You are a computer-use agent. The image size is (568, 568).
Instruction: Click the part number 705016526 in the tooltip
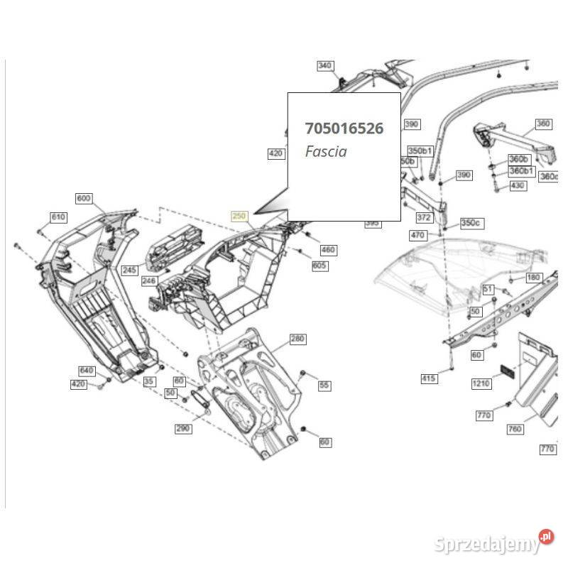(x=344, y=129)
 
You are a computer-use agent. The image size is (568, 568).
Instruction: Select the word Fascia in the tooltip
(x=326, y=151)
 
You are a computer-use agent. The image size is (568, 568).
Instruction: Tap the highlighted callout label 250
(x=239, y=216)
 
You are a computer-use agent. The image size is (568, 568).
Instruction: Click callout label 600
(x=84, y=198)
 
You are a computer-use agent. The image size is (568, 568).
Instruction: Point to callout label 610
(x=58, y=217)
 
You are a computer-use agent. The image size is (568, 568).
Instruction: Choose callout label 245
(x=129, y=270)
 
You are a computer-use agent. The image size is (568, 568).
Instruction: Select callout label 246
(x=148, y=281)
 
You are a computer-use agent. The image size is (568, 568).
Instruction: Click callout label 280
(x=297, y=339)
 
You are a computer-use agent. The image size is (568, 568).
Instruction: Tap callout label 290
(x=183, y=429)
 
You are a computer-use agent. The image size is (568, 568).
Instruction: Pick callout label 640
(x=86, y=371)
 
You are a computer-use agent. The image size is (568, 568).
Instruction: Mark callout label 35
(x=148, y=381)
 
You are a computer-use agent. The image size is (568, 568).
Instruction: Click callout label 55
(x=324, y=385)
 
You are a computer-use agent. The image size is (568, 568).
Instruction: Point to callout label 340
(x=324, y=66)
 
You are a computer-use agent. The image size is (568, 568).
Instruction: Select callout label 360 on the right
(x=542, y=124)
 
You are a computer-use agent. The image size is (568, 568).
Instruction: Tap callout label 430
(x=518, y=185)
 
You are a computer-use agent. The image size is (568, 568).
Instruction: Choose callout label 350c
(x=470, y=223)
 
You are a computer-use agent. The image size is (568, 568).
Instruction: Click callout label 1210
(x=481, y=384)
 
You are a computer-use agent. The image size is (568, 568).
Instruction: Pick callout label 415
(x=429, y=378)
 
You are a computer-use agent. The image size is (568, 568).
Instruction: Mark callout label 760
(x=515, y=430)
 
